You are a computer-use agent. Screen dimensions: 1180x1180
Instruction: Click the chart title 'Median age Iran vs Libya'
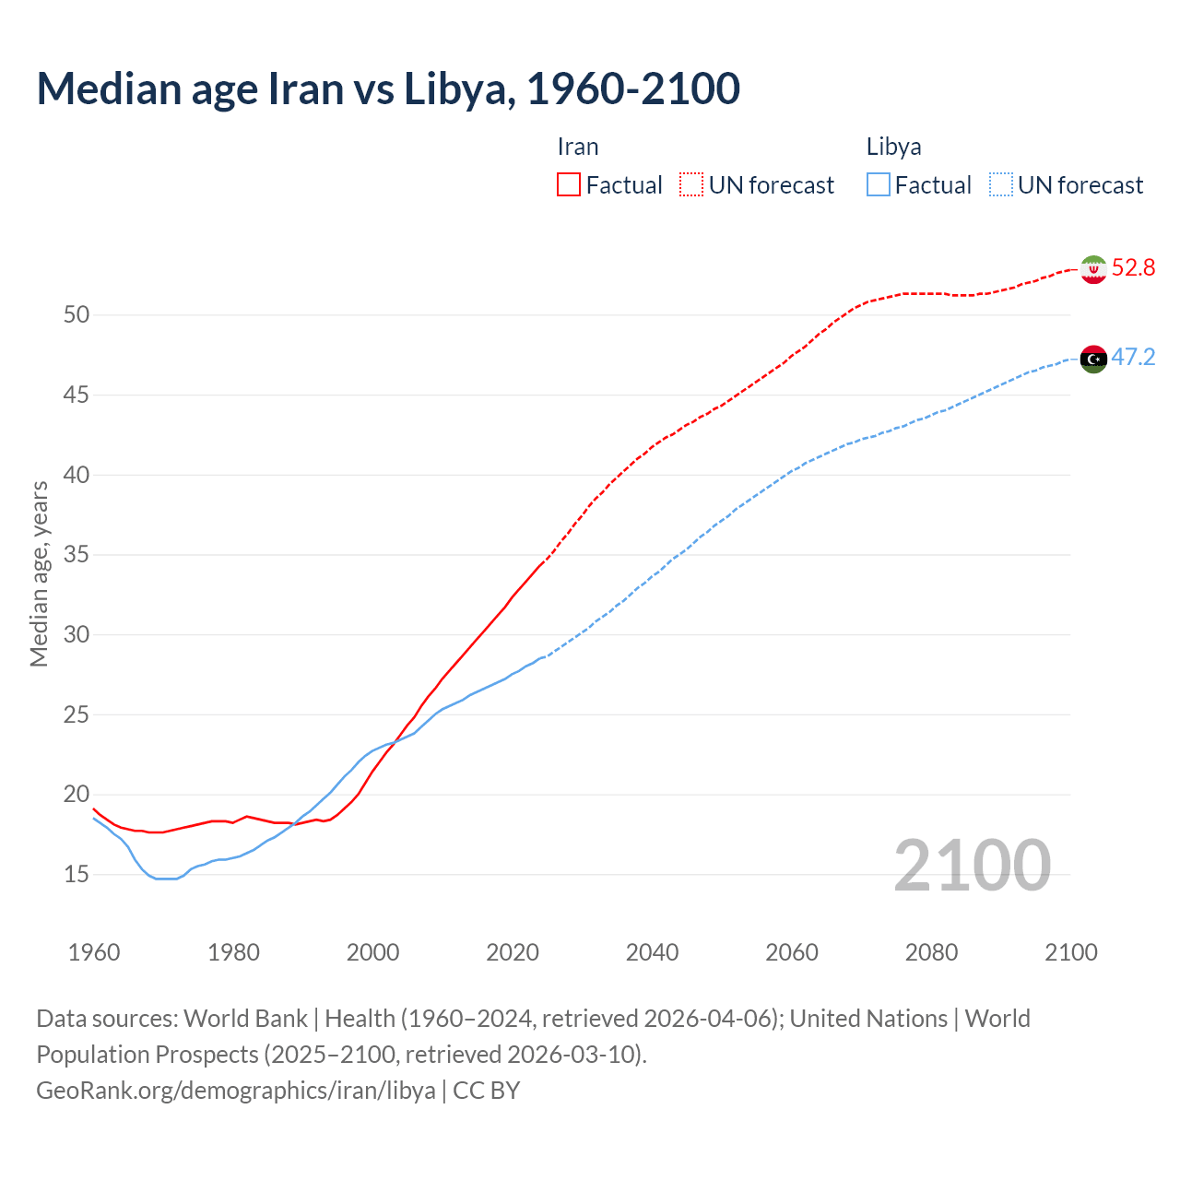[x=387, y=88]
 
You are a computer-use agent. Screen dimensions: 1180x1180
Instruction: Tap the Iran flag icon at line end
[x=1093, y=269]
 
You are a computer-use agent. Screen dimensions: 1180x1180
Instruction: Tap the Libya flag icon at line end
[x=1093, y=359]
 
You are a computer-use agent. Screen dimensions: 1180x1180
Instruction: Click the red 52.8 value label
[x=1133, y=268]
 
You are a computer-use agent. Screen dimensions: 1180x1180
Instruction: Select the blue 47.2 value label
[x=1133, y=358]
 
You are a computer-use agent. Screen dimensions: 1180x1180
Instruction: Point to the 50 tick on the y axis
[x=77, y=315]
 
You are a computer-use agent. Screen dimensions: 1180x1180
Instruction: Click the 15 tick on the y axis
[x=77, y=874]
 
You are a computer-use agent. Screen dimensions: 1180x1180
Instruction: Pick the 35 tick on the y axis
[x=77, y=555]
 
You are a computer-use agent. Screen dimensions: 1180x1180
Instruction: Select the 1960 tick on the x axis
[x=94, y=952]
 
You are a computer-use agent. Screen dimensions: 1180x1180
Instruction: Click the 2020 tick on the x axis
[x=513, y=952]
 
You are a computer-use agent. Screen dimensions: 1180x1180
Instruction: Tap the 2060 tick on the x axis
[x=792, y=952]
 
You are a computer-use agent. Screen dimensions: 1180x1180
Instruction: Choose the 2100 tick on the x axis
[x=1070, y=952]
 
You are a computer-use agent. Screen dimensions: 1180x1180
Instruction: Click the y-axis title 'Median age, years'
[x=39, y=573]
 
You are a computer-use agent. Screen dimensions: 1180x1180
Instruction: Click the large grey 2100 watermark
[x=972, y=866]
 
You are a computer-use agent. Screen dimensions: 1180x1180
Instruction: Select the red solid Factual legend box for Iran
[x=569, y=185]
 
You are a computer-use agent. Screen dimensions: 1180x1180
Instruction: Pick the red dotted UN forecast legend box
[x=691, y=185]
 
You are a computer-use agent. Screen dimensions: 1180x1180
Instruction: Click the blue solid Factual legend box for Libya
[x=879, y=185]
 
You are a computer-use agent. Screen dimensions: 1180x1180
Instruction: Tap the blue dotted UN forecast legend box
[x=1001, y=185]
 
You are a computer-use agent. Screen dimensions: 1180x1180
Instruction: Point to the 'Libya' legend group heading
[x=893, y=147]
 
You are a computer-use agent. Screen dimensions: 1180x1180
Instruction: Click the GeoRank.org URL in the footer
[x=236, y=1091]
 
